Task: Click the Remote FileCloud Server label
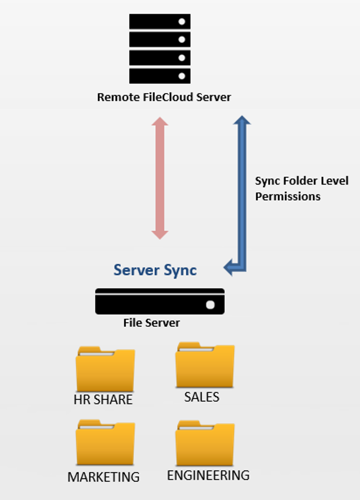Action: coord(164,98)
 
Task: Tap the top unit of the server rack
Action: coord(160,22)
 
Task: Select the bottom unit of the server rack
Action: coord(160,76)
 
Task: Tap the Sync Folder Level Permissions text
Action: coord(301,188)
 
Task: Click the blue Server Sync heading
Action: coord(155,270)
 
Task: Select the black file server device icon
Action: coord(160,302)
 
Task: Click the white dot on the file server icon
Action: coord(210,305)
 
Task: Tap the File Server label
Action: coord(152,323)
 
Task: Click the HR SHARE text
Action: coord(103,400)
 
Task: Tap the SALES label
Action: coord(202,397)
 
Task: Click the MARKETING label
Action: coord(104,477)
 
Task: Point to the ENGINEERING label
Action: coord(208,475)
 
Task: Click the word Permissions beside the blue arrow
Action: coord(288,196)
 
